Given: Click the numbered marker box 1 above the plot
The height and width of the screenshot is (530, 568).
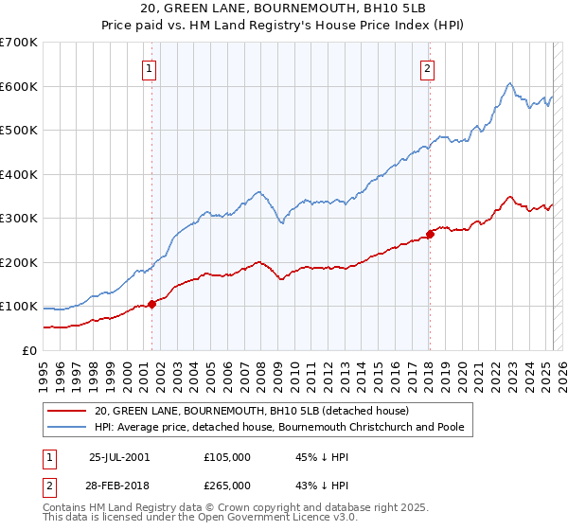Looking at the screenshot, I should point(151,67).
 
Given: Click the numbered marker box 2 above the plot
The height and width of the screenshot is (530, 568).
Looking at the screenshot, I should point(428,67).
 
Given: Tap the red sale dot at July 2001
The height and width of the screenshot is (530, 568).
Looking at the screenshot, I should point(151,305).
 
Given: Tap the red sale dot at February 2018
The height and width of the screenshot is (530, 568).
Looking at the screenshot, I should point(430,234).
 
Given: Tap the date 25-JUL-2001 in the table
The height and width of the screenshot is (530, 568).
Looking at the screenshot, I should point(118,457).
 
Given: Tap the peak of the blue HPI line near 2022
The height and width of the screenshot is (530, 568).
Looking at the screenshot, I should point(509,83).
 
